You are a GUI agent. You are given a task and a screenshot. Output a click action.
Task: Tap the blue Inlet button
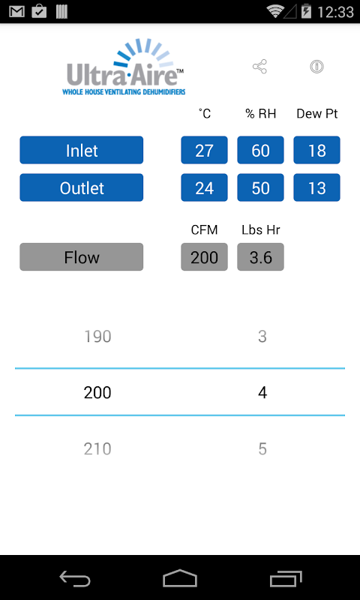(x=82, y=150)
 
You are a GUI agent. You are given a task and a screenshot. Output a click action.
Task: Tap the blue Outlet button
(x=82, y=187)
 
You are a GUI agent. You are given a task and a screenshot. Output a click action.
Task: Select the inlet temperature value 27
(x=204, y=150)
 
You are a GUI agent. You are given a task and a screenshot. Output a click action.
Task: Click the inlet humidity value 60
(x=260, y=150)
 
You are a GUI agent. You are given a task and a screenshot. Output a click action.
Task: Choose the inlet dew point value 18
(x=316, y=150)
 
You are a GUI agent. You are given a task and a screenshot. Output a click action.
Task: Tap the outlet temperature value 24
(x=204, y=187)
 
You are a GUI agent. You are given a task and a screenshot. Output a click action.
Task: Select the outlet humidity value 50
(x=260, y=187)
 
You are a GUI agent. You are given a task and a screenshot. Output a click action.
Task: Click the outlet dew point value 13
(x=316, y=187)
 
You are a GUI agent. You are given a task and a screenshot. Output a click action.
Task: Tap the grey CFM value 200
(x=204, y=256)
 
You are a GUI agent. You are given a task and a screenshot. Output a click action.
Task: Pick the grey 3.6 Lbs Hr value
(x=260, y=256)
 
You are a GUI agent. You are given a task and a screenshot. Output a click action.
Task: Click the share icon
(x=259, y=67)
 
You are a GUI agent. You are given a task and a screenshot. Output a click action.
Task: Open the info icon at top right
(x=316, y=67)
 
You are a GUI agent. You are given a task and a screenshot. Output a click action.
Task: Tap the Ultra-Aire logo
(x=124, y=67)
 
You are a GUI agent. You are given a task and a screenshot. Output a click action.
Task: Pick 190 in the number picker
(x=97, y=337)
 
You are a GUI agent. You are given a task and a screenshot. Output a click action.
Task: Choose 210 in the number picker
(x=97, y=448)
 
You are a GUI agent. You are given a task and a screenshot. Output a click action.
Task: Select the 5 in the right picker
(x=262, y=448)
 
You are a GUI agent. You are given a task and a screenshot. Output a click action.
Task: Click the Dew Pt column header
(x=317, y=114)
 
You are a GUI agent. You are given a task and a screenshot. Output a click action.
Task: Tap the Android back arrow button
(x=75, y=578)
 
